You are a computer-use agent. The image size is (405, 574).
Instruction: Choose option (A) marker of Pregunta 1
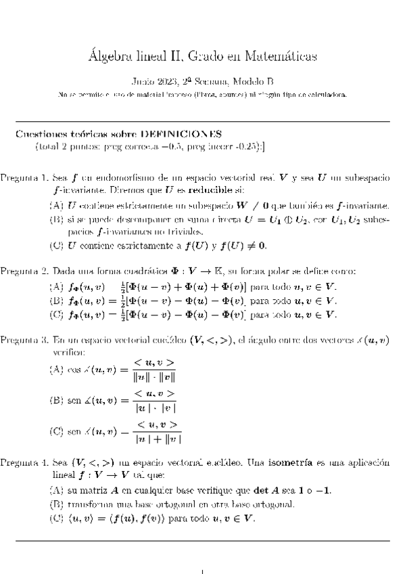[x=57, y=204]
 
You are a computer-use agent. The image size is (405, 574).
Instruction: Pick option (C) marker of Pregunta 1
[x=57, y=245]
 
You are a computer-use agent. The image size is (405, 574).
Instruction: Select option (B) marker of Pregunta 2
[x=57, y=300]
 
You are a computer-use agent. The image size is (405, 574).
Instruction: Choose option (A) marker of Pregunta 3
[x=57, y=370]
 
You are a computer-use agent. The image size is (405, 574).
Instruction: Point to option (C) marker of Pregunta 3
[x=57, y=431]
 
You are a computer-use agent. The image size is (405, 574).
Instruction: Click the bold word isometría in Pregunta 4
[x=290, y=463]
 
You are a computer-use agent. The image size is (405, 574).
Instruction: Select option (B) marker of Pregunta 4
[x=57, y=505]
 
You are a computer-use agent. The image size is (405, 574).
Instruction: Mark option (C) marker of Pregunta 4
[x=57, y=519]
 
